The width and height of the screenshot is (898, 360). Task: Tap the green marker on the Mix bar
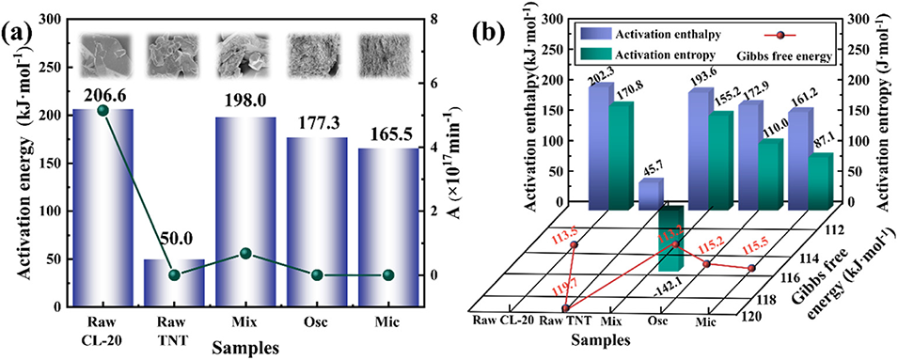(x=245, y=253)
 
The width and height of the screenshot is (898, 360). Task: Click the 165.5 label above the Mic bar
(x=387, y=137)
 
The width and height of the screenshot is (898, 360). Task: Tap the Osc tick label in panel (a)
(x=317, y=321)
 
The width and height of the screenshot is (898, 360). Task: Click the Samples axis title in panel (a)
(x=245, y=347)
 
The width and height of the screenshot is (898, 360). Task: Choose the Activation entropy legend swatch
(x=595, y=55)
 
